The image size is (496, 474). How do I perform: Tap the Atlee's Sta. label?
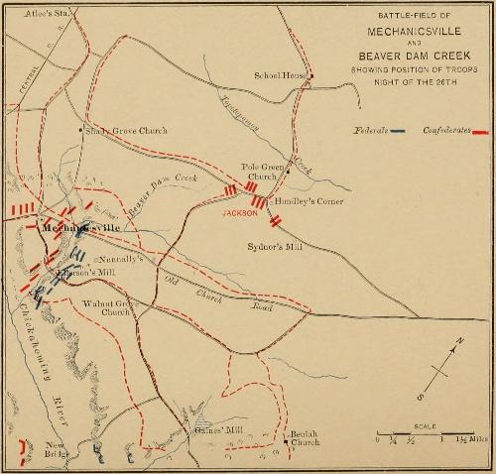pos(27,13)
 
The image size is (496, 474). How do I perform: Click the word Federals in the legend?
pos(372,131)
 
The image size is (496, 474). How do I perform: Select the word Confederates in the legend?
pos(444,131)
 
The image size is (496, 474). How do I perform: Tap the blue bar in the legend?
pos(398,131)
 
